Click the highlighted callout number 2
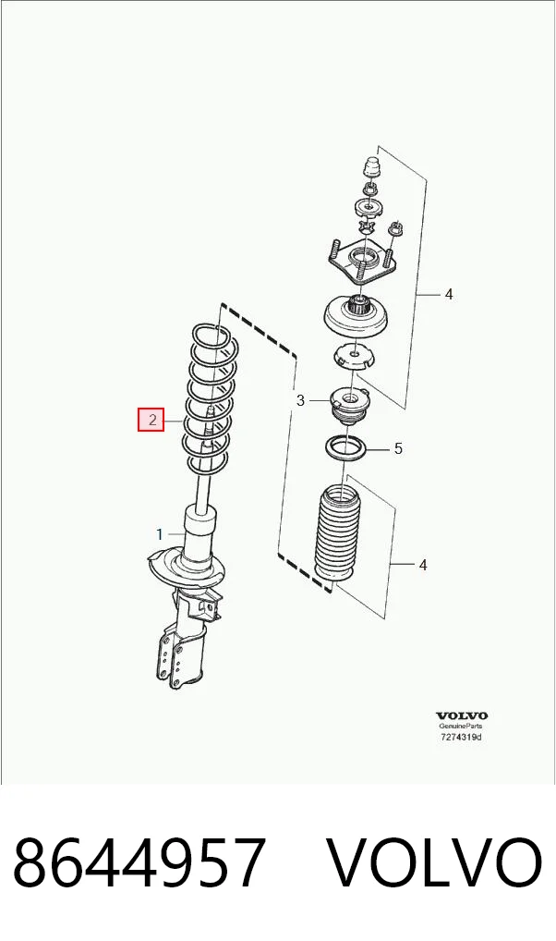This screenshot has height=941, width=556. pyautogui.click(x=151, y=420)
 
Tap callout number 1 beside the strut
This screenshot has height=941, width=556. pyautogui.click(x=160, y=534)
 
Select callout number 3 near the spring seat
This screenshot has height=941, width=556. pyautogui.click(x=300, y=400)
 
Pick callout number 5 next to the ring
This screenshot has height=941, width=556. pyautogui.click(x=398, y=448)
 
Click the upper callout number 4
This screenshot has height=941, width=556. pyautogui.click(x=449, y=294)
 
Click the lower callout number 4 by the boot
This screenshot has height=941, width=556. pyautogui.click(x=423, y=565)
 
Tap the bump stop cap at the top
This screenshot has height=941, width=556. pyautogui.click(x=372, y=166)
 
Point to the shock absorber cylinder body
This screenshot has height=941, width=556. pyautogui.click(x=199, y=536)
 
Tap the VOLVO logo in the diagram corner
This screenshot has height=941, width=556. pyautogui.click(x=461, y=715)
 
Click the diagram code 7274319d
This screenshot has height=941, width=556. pyautogui.click(x=461, y=737)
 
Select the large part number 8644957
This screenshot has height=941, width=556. pyautogui.click(x=139, y=862)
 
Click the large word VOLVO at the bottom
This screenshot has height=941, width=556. pyautogui.click(x=434, y=862)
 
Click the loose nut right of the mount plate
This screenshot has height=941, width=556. pyautogui.click(x=394, y=228)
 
